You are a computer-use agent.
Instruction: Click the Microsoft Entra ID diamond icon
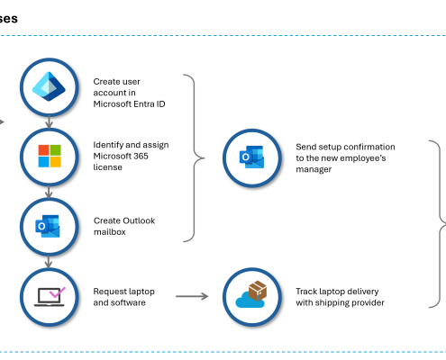point(49,86)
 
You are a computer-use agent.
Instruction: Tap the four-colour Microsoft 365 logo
point(50,156)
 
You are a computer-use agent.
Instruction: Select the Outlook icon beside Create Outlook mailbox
point(48,226)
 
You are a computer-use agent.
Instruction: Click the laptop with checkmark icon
point(50,297)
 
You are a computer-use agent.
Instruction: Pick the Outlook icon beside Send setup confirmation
point(251,157)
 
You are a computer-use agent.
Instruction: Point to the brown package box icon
point(258,290)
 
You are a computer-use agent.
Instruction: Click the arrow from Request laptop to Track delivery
point(192,296)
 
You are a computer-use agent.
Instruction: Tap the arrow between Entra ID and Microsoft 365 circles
point(49,121)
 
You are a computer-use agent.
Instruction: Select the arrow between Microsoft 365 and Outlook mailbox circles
point(49,192)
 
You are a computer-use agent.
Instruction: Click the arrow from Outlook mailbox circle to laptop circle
point(49,261)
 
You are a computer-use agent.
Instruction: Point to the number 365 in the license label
point(141,156)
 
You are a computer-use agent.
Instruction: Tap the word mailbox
point(110,232)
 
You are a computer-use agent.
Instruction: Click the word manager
point(314,169)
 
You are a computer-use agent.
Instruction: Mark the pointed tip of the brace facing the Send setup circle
point(205,157)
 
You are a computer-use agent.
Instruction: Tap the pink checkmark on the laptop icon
point(58,292)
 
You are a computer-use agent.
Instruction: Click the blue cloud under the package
point(250,301)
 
